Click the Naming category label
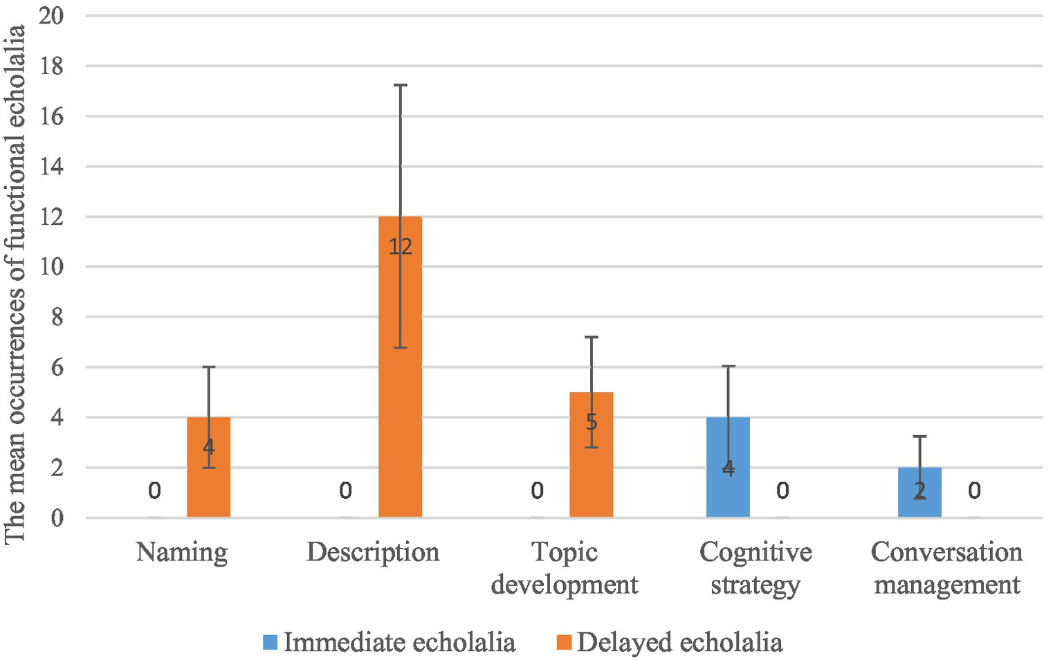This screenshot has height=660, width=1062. [x=182, y=552]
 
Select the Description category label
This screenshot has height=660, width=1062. [x=373, y=552]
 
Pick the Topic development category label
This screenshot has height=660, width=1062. [x=565, y=568]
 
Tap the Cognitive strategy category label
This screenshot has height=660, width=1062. [x=756, y=568]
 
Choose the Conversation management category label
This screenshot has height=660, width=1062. [x=946, y=568]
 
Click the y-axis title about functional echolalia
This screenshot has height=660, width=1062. [x=15, y=284]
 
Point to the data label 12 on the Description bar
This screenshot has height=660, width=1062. [x=400, y=246]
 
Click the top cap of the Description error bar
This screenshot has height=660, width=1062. [x=400, y=85]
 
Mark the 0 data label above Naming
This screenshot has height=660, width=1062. [x=154, y=491]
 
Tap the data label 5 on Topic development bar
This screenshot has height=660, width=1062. [x=591, y=422]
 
